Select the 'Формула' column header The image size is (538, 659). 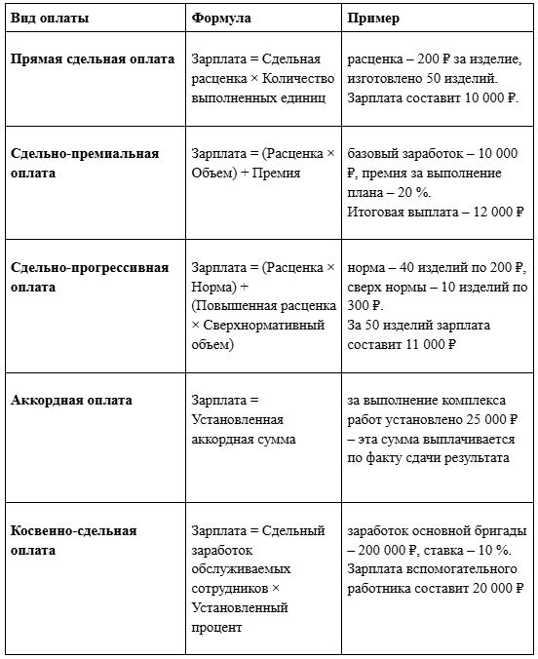point(221,19)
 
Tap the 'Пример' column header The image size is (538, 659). point(372,19)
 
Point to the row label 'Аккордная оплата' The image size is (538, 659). point(71,400)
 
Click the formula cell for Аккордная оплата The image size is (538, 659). point(238,420)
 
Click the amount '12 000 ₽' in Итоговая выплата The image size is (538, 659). point(491,211)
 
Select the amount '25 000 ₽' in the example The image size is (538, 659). point(498,419)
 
